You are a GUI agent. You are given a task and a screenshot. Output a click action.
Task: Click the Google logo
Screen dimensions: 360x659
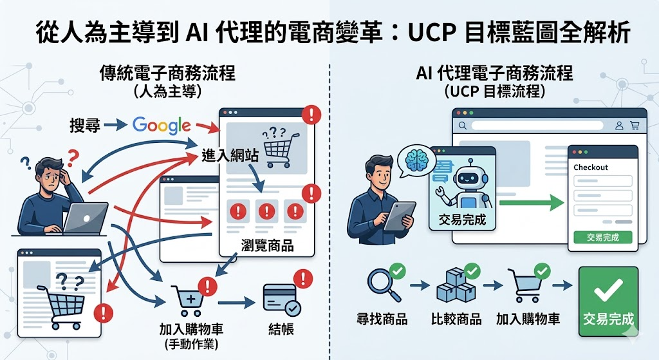162,125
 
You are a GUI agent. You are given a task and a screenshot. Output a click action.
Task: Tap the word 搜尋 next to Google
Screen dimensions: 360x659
85,125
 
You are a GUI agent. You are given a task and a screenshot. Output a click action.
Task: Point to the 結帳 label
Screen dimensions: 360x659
281,330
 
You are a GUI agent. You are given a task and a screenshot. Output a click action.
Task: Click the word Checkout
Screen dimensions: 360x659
591,167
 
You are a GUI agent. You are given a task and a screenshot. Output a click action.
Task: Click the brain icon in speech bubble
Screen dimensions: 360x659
413,158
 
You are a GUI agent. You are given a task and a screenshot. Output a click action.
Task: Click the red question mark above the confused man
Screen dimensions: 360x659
73,156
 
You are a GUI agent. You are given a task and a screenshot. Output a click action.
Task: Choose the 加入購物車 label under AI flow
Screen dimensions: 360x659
528,319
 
